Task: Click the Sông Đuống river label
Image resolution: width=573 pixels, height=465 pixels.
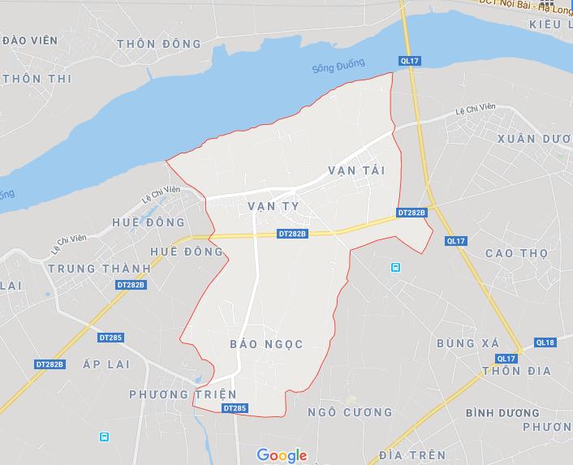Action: tap(338, 66)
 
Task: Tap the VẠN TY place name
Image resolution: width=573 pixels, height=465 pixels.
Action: tap(274, 206)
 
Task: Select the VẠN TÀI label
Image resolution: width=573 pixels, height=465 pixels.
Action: tap(355, 170)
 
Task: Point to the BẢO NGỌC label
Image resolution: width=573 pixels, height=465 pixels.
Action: tap(266, 344)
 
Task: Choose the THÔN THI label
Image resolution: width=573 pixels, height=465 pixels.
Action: tap(37, 79)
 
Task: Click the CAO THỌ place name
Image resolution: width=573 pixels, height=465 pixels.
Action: tap(516, 253)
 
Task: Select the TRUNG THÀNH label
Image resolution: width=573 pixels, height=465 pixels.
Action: tap(99, 268)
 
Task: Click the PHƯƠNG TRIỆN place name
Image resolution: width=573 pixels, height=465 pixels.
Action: tap(183, 394)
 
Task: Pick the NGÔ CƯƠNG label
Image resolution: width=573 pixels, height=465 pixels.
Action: tap(338, 412)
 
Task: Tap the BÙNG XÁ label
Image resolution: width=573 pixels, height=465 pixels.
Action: tap(467, 343)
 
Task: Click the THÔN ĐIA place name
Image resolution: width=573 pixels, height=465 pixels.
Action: tap(515, 371)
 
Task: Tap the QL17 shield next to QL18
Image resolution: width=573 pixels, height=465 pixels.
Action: tap(506, 358)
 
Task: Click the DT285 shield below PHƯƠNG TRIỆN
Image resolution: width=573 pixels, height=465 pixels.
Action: tap(233, 407)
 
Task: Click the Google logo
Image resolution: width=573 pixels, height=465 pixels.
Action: tap(282, 454)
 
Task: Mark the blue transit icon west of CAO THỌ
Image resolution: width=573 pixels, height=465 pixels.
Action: tap(395, 267)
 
